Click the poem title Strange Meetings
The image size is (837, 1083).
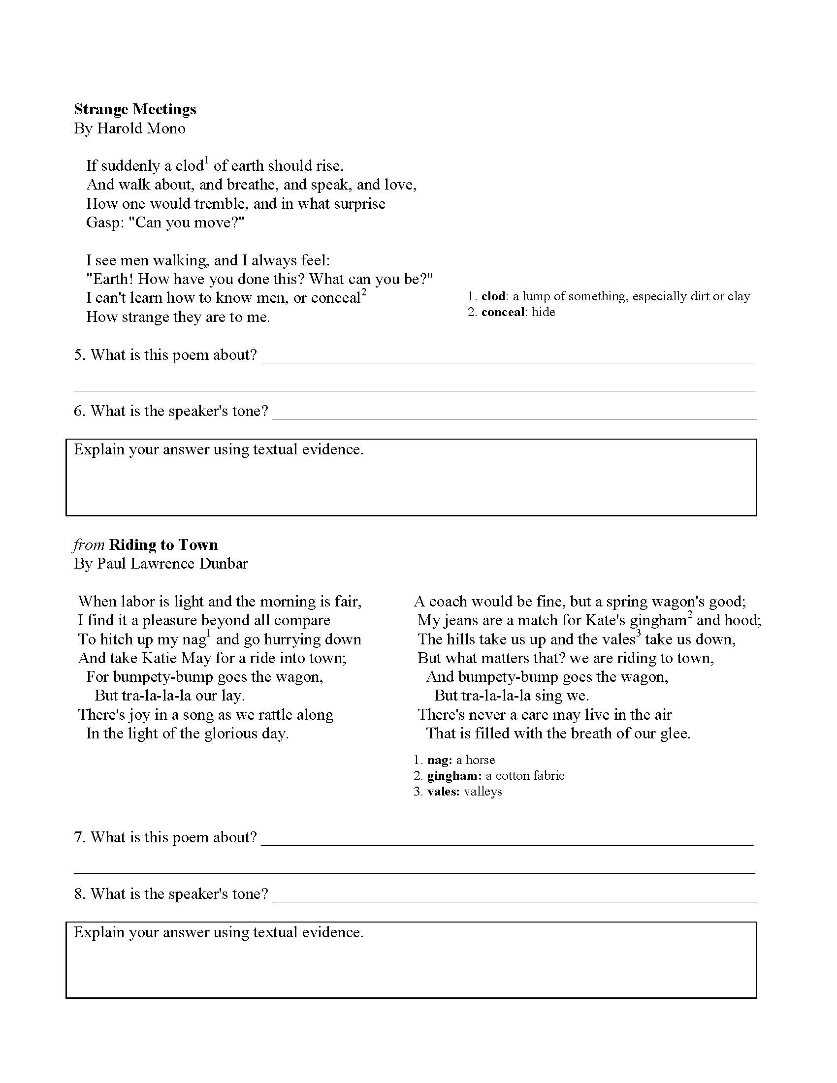pos(135,109)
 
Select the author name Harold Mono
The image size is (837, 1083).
pos(141,128)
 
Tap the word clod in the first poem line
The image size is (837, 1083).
pos(190,165)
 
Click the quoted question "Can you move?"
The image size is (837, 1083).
pos(187,223)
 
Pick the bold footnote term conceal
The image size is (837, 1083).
pos(502,312)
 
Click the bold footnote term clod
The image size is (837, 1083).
pos(493,296)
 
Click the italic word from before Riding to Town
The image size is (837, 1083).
pos(89,545)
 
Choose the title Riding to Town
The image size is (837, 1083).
pos(163,545)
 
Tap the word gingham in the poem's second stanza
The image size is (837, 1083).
pos(657,621)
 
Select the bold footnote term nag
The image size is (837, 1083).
pos(439,760)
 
